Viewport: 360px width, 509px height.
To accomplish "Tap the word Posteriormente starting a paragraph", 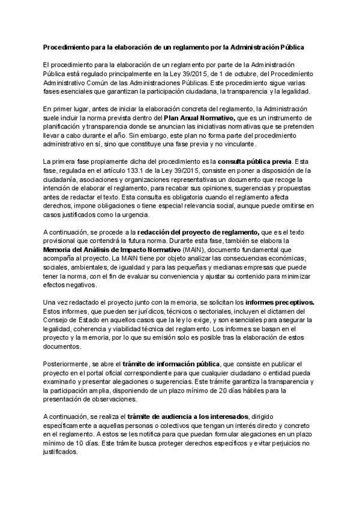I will pyautogui.click(x=67, y=364).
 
